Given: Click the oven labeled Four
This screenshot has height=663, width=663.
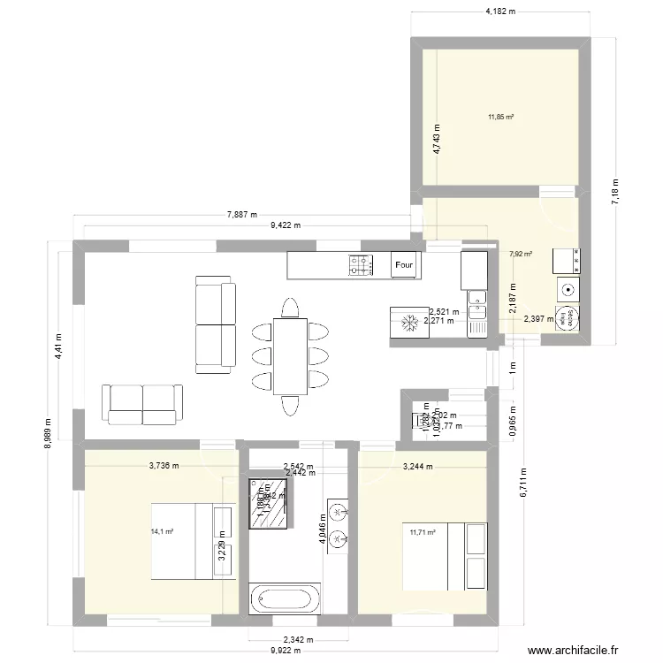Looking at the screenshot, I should tap(405, 264).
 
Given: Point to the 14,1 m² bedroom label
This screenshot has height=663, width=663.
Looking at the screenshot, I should tap(163, 531).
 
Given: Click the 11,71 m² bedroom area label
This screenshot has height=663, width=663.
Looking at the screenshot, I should tap(423, 532).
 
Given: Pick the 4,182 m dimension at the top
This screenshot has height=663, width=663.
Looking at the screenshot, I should tap(500, 11).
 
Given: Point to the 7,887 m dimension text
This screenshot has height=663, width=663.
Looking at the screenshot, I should tap(242, 214).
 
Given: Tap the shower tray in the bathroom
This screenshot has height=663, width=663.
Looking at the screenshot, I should tap(270, 504).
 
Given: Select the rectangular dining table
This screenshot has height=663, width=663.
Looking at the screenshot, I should tap(290, 355).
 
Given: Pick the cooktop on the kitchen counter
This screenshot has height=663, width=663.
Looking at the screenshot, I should tap(361, 264).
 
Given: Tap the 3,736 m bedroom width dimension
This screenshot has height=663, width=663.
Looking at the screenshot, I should tap(164, 465).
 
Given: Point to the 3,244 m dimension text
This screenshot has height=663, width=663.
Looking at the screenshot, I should tap(418, 466).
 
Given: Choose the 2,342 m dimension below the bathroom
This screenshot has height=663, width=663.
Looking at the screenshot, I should tap(299, 640).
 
